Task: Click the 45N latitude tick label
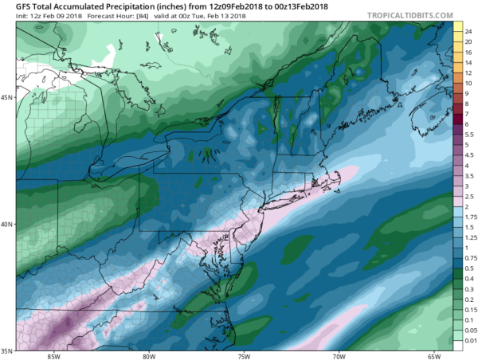click(x=7, y=97)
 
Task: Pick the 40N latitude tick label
click(x=7, y=224)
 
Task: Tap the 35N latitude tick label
click(x=7, y=350)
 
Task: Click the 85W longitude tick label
click(x=53, y=356)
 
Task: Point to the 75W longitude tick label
click(x=244, y=356)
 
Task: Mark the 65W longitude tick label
click(x=434, y=356)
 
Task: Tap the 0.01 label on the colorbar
click(x=469, y=340)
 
